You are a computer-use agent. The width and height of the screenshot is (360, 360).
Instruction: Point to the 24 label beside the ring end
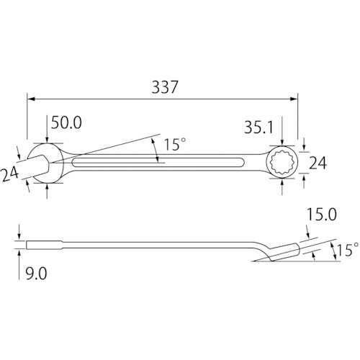[x=318, y=163]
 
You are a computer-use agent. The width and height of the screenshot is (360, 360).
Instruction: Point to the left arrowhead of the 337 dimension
[x=31, y=99]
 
